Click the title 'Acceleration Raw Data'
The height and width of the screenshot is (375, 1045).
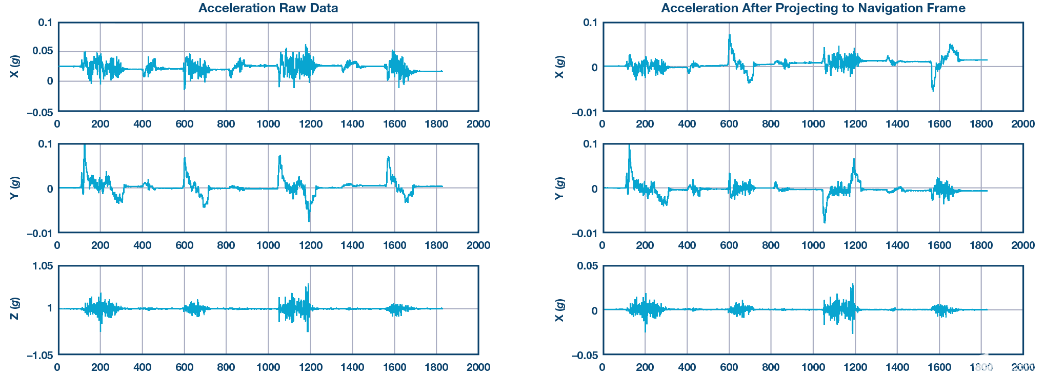(x=268, y=8)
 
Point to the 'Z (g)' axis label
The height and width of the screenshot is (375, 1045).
(x=15, y=308)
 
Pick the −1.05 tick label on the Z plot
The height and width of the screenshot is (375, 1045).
(x=41, y=355)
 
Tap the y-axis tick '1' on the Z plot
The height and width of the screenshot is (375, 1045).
(x=50, y=308)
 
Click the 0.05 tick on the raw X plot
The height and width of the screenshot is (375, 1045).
(x=43, y=51)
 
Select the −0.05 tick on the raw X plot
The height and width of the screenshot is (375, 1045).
(x=41, y=112)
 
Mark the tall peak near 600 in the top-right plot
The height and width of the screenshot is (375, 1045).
(x=730, y=36)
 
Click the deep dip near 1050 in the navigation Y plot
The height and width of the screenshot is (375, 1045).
(x=825, y=221)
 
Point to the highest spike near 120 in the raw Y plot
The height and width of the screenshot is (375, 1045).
(x=84, y=146)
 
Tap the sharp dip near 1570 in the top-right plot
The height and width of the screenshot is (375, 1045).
(x=933, y=90)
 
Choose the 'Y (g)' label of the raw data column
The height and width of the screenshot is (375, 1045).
(x=15, y=188)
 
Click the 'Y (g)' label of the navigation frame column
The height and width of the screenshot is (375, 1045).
(x=560, y=188)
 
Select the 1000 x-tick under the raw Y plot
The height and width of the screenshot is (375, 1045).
(x=268, y=245)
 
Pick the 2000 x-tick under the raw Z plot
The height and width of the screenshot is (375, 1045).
(x=478, y=367)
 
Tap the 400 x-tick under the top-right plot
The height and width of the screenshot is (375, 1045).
(x=687, y=124)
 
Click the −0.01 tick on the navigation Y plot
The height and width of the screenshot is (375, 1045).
(x=585, y=234)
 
